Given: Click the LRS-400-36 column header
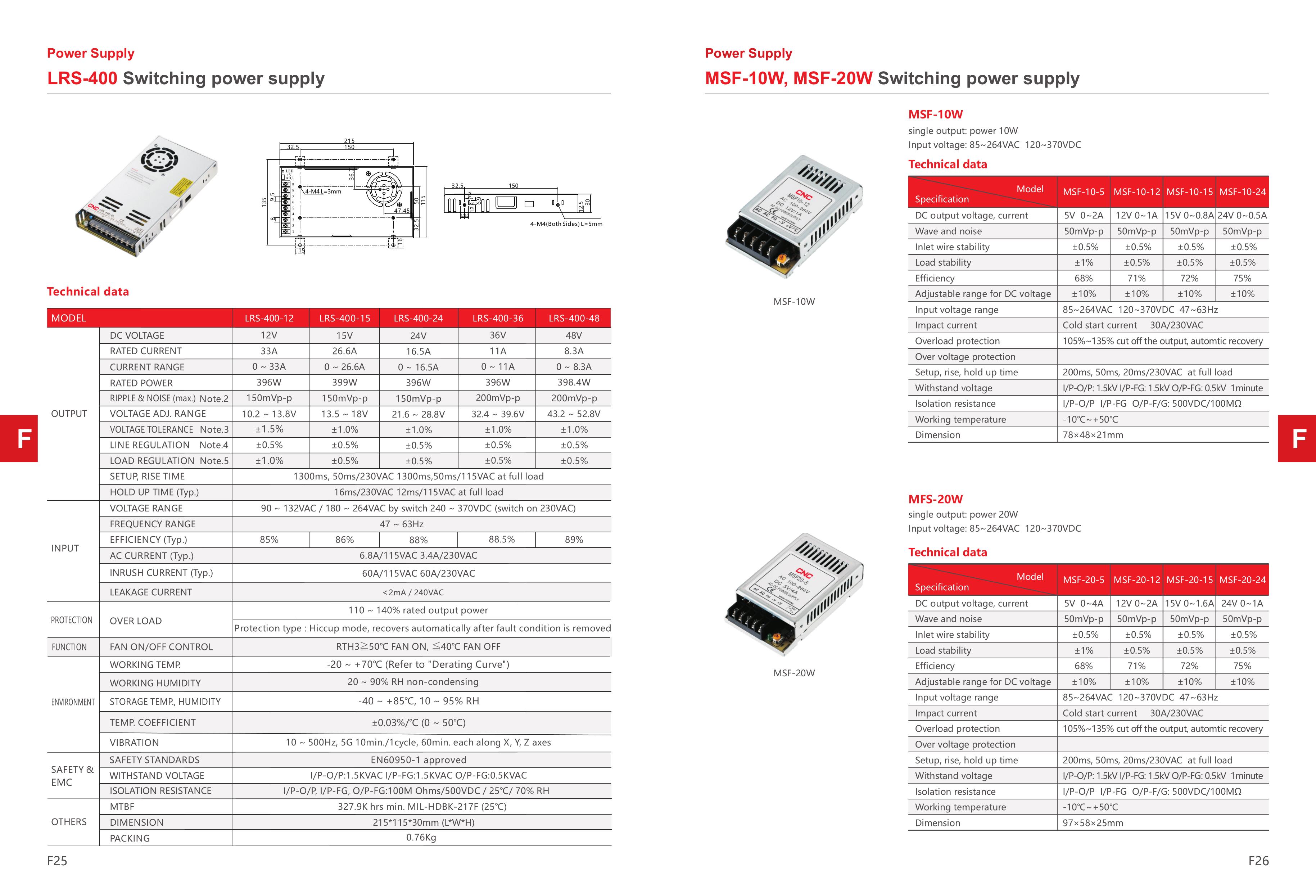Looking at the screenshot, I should (x=497, y=318).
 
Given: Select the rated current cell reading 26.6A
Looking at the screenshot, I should (x=344, y=351).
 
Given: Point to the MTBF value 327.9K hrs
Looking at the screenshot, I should (x=422, y=806).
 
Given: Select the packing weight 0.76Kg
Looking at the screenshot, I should (x=421, y=838).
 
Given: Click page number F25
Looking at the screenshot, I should (x=57, y=861).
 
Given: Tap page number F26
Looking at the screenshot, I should (x=1258, y=861).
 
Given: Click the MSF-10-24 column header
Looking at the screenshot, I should (x=1242, y=192).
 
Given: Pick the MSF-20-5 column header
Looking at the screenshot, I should (x=1083, y=580).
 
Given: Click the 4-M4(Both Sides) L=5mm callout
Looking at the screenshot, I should (x=566, y=224).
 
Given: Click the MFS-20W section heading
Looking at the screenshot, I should (x=936, y=499).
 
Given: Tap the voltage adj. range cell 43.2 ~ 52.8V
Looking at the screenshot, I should (x=574, y=414).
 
